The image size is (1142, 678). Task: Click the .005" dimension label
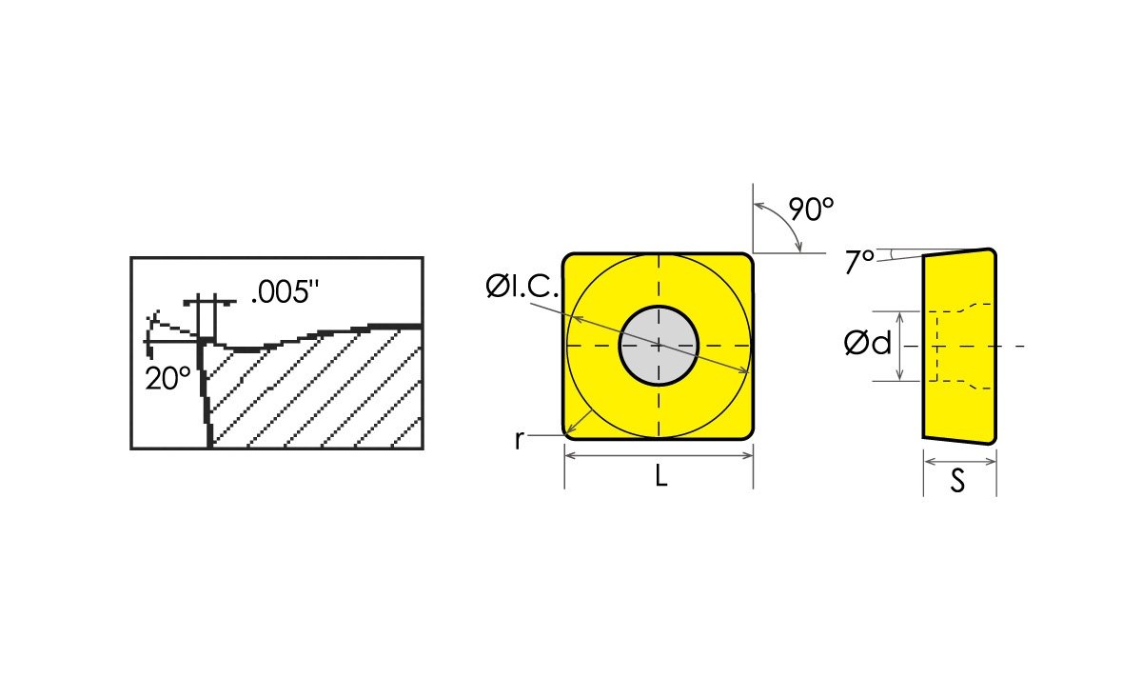(282, 292)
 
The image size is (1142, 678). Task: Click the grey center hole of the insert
(659, 345)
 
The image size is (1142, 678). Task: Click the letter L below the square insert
(660, 477)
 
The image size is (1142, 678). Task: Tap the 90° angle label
(811, 209)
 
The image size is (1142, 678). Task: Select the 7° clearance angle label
(856, 262)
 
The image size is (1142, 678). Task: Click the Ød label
(868, 344)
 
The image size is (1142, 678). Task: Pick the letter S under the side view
(958, 482)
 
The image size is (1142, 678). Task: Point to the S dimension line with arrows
(959, 461)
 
